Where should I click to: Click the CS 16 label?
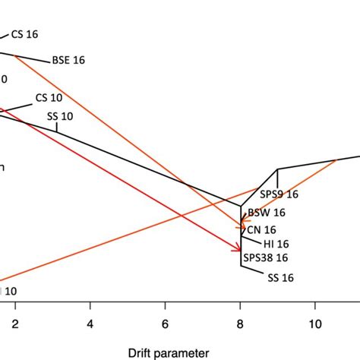pyautogui.click(x=24, y=34)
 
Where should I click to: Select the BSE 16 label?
pyautogui.click(x=68, y=61)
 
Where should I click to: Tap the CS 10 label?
pyautogui.click(x=49, y=99)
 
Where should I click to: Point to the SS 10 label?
pyautogui.click(x=62, y=115)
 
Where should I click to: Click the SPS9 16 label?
pyautogui.click(x=279, y=194)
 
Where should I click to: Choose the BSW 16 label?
pyautogui.click(x=267, y=213)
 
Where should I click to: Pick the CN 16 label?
pyautogui.click(x=261, y=229)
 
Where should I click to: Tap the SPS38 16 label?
pyautogui.click(x=266, y=258)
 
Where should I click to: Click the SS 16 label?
pyautogui.click(x=280, y=278)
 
